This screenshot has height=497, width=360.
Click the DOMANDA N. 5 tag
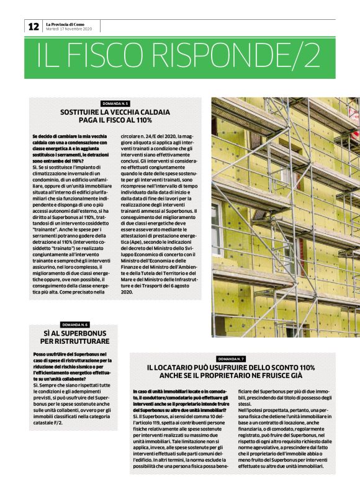pos(115,103)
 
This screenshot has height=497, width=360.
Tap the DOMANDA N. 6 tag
pos(74,325)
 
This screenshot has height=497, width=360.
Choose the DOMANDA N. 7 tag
pos(231,359)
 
